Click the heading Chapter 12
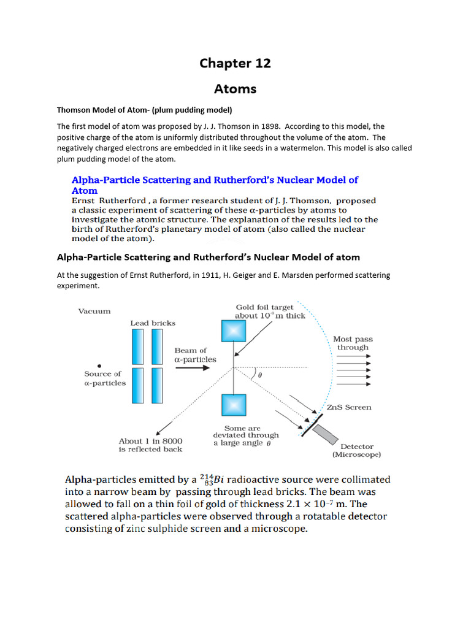(235, 63)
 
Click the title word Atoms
(235, 89)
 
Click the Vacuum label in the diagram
(94, 311)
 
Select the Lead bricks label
(153, 323)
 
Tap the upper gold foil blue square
(233, 331)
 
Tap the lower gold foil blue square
(233, 406)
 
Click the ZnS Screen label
(349, 407)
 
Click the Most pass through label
(353, 343)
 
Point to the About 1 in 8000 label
(150, 441)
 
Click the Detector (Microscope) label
(357, 451)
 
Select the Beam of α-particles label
(196, 354)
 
